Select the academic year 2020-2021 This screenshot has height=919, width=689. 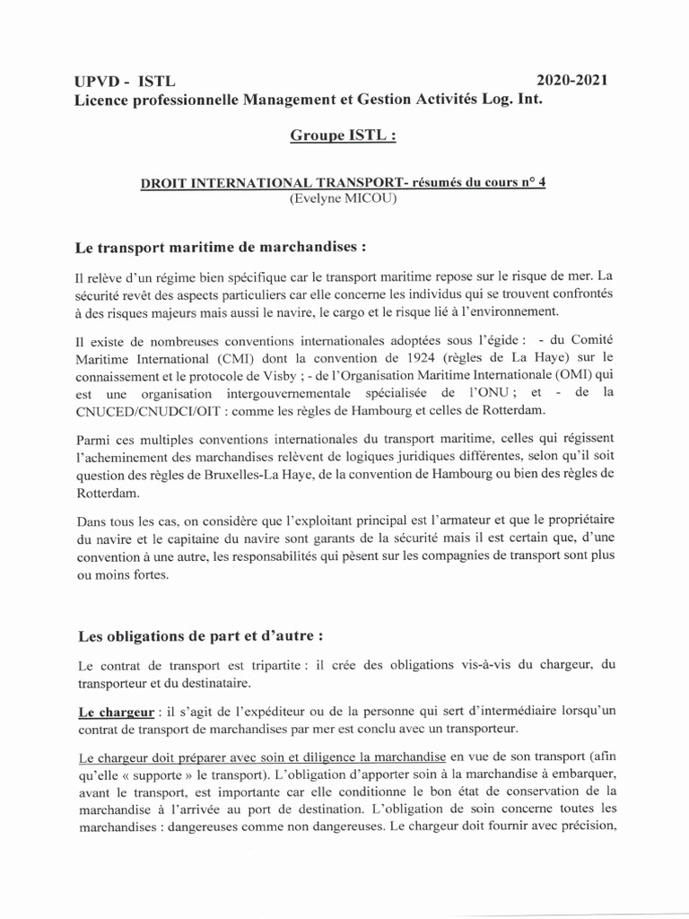tap(572, 81)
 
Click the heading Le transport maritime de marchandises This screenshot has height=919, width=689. tap(220, 245)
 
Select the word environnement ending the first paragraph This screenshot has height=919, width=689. tap(506, 311)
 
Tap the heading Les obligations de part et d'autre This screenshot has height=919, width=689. tap(199, 635)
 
